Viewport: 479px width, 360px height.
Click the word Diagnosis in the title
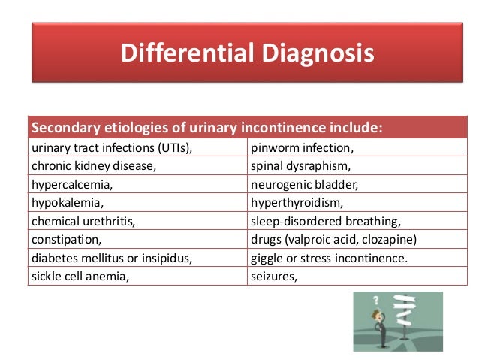coord(315,53)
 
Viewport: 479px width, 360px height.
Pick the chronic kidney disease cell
coord(94,165)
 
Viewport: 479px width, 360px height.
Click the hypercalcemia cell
coord(73,184)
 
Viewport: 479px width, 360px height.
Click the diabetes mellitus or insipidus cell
coord(112,258)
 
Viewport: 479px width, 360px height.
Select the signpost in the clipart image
coord(406,316)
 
